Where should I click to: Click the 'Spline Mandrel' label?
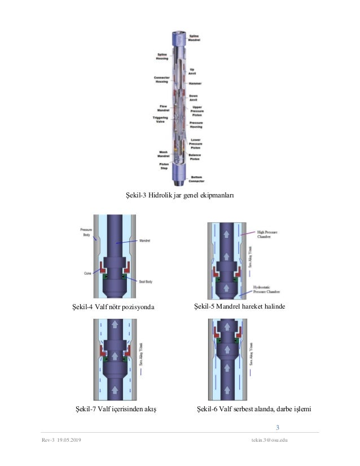pyautogui.click(x=195, y=38)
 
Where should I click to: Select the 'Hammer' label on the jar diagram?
pyautogui.click(x=196, y=83)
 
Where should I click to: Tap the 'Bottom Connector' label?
pyautogui.click(x=196, y=179)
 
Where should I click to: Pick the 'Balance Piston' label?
pyautogui.click(x=195, y=157)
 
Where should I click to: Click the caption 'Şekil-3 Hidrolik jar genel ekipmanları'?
pyautogui.click(x=179, y=196)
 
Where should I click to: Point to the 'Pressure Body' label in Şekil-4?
pyautogui.click(x=86, y=232)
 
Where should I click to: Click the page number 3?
pyautogui.click(x=278, y=427)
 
